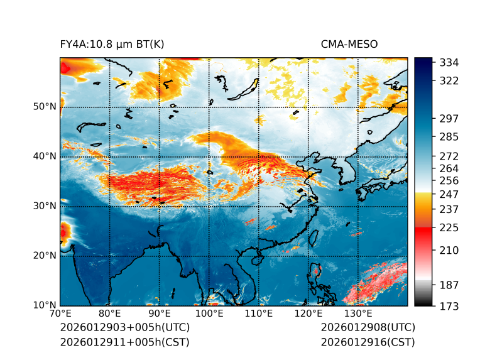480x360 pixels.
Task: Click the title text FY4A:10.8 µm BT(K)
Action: (x=112, y=45)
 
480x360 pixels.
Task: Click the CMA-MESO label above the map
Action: (x=349, y=45)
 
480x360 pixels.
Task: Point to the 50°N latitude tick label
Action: (x=44, y=107)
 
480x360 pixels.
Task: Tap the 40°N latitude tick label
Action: (x=44, y=156)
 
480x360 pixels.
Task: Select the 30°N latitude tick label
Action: (x=44, y=206)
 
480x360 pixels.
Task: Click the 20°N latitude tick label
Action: (x=44, y=256)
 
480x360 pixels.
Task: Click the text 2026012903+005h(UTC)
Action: (x=124, y=328)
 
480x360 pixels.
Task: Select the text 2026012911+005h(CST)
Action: (x=124, y=342)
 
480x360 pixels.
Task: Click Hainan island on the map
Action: (x=256, y=259)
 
